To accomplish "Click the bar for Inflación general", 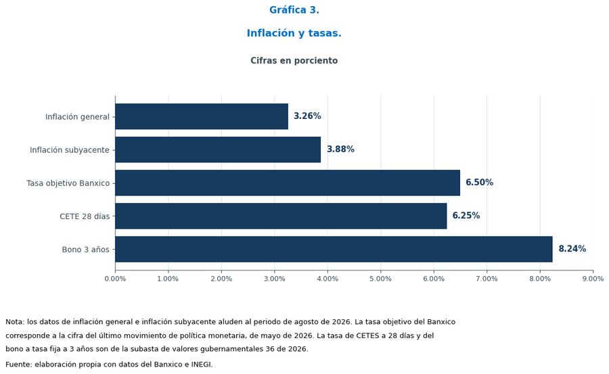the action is [x=202, y=116].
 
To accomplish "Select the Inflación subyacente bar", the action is [x=218, y=149].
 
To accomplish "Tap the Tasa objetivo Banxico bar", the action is [x=288, y=183].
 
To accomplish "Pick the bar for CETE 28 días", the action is [x=281, y=216].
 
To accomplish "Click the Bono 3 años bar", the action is [x=334, y=249].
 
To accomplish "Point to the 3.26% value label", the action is [x=307, y=116].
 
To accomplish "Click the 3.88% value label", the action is [x=340, y=149].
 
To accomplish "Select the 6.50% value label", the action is [x=479, y=183].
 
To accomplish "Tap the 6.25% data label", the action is [x=466, y=216].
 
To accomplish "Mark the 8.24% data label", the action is [x=572, y=249].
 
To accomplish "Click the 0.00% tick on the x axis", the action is [x=115, y=279].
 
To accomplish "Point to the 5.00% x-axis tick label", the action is [x=380, y=279].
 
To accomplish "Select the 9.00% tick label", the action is [x=593, y=279].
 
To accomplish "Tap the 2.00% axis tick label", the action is [x=221, y=279].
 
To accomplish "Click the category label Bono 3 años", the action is [x=86, y=250].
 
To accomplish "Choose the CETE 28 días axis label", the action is [x=85, y=216].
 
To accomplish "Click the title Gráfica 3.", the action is [x=294, y=10].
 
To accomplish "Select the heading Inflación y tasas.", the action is [x=294, y=33].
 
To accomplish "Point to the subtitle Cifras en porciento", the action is [x=294, y=61].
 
